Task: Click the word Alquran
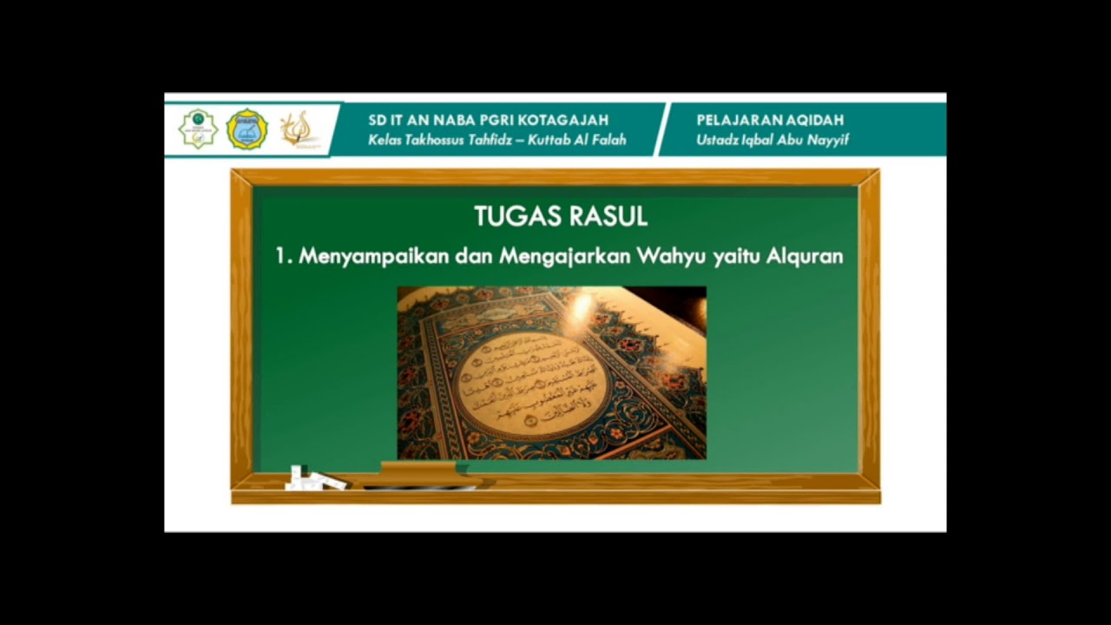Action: point(805,257)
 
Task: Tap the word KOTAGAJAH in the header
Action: point(569,120)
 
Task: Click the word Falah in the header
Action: point(608,140)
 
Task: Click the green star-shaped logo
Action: point(197,129)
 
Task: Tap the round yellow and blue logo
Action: point(247,129)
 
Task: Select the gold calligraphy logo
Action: point(297,129)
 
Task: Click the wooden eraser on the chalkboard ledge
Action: point(418,470)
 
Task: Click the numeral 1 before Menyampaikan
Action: point(280,257)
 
